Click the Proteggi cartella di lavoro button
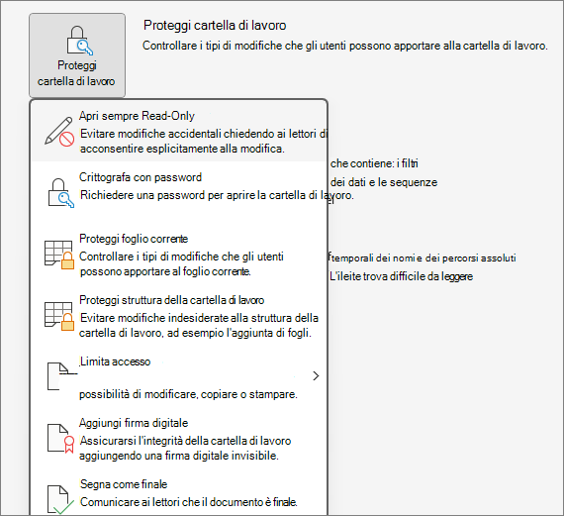coord(77,55)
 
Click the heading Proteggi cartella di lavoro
coord(215,25)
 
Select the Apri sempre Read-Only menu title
coord(137,116)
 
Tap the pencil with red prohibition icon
coord(59,132)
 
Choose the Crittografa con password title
coord(141,177)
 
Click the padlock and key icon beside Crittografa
coord(60,193)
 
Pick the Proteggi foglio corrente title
coord(134,239)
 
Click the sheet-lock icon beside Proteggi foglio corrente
coord(59,255)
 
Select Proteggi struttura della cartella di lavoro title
coord(171,300)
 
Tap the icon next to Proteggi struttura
coord(59,316)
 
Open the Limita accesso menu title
coord(115,361)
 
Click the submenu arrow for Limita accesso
coord(316,376)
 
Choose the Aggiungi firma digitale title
coord(134,423)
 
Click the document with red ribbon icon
coord(60,438)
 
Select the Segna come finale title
coord(124,484)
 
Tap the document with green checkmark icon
coord(60,499)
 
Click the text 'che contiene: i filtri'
coord(374,163)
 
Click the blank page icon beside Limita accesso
coord(58,376)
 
